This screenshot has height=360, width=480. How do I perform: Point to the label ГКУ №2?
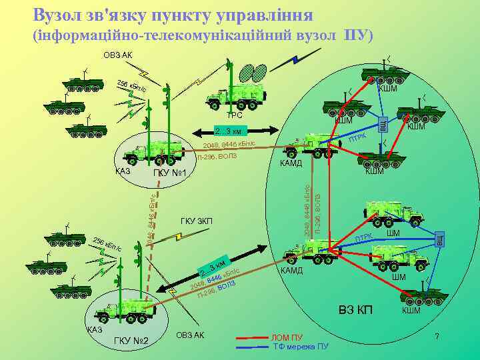(131, 342)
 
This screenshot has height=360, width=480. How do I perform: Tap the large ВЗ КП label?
(356, 311)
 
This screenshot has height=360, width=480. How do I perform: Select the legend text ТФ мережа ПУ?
(301, 347)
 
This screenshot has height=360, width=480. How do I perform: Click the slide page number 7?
(437, 336)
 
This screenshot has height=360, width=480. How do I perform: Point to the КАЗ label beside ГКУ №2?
(95, 330)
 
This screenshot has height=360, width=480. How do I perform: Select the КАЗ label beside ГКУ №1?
(123, 171)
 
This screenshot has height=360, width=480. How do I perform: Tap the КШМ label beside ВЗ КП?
(411, 311)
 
